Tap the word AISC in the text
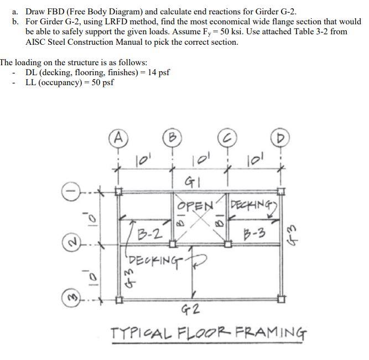[37, 41]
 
